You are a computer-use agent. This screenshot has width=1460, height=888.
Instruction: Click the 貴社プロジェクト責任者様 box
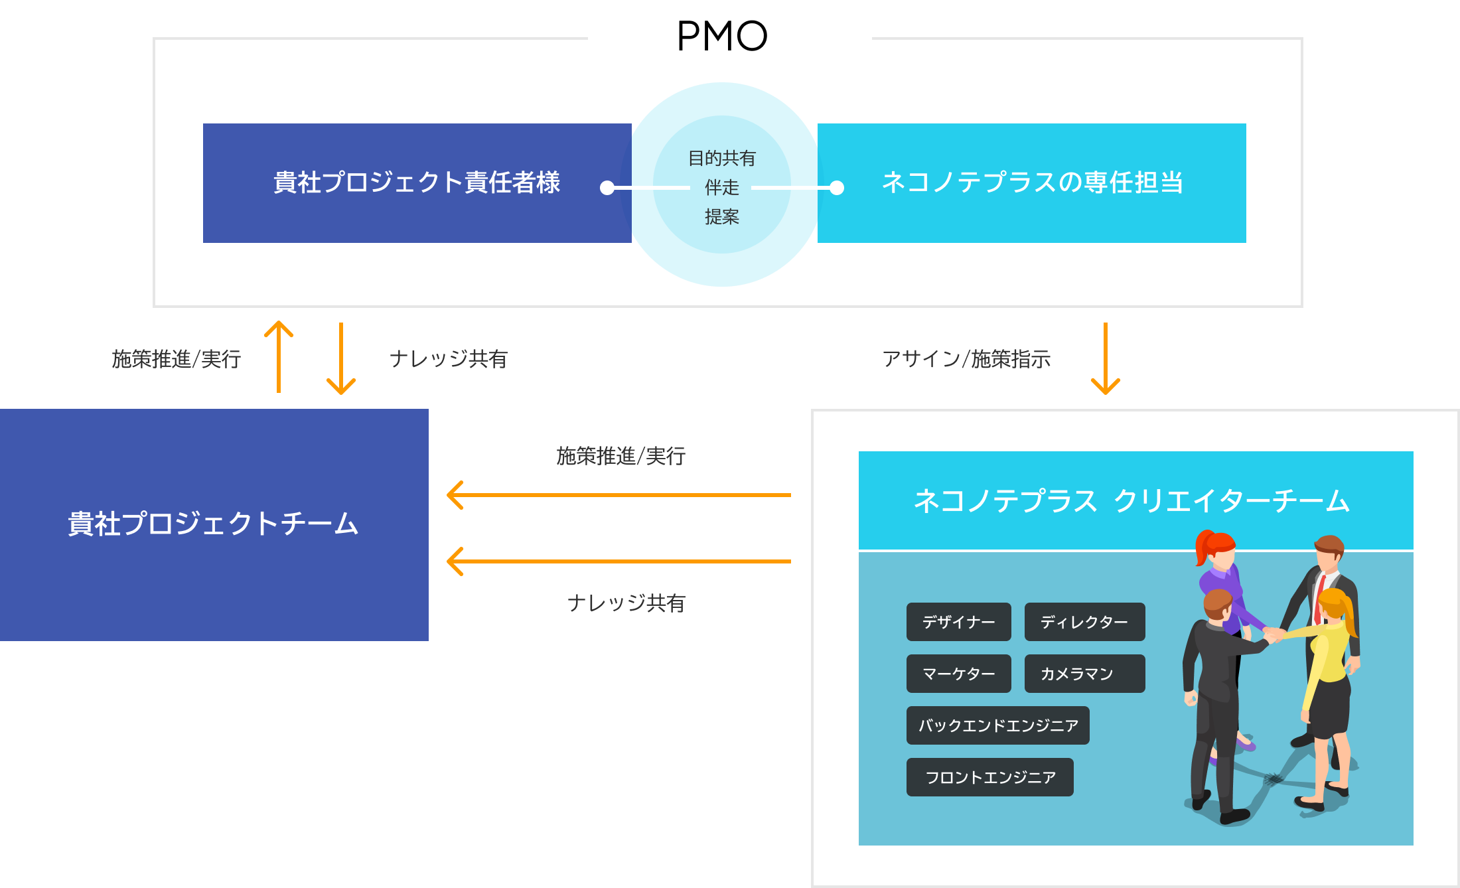coord(417,183)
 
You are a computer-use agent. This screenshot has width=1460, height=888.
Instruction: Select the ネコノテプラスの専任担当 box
coord(1031,183)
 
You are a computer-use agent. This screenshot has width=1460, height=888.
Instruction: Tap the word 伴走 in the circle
coord(721,188)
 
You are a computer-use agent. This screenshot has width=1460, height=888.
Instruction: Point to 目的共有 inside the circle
coord(721,159)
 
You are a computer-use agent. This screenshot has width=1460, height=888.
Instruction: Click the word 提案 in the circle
coord(721,217)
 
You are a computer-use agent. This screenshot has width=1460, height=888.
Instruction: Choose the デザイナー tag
coord(958,622)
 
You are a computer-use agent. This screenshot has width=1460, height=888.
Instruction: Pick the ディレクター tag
coord(1084,622)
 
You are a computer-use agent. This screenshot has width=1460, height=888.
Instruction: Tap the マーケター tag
coord(958,674)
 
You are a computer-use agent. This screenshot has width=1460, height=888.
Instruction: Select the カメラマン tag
coord(1084,674)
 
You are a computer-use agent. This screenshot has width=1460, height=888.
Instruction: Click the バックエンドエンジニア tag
coord(997,725)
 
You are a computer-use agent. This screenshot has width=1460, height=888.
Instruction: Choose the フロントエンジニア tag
coord(989,777)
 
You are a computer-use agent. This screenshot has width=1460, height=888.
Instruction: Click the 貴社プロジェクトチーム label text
coord(213,524)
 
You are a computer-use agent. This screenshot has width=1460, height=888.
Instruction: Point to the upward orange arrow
coord(279,356)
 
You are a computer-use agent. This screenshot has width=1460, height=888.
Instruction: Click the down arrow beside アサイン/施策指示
coord(1105,358)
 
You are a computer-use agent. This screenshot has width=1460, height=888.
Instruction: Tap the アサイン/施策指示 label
coord(966,359)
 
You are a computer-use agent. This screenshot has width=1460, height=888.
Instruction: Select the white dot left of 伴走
coord(607,188)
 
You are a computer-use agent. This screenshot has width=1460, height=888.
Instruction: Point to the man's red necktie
coord(1319,597)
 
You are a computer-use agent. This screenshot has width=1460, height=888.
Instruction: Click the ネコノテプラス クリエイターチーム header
coord(1135,501)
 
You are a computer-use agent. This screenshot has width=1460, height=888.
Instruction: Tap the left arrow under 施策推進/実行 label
coord(617,495)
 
